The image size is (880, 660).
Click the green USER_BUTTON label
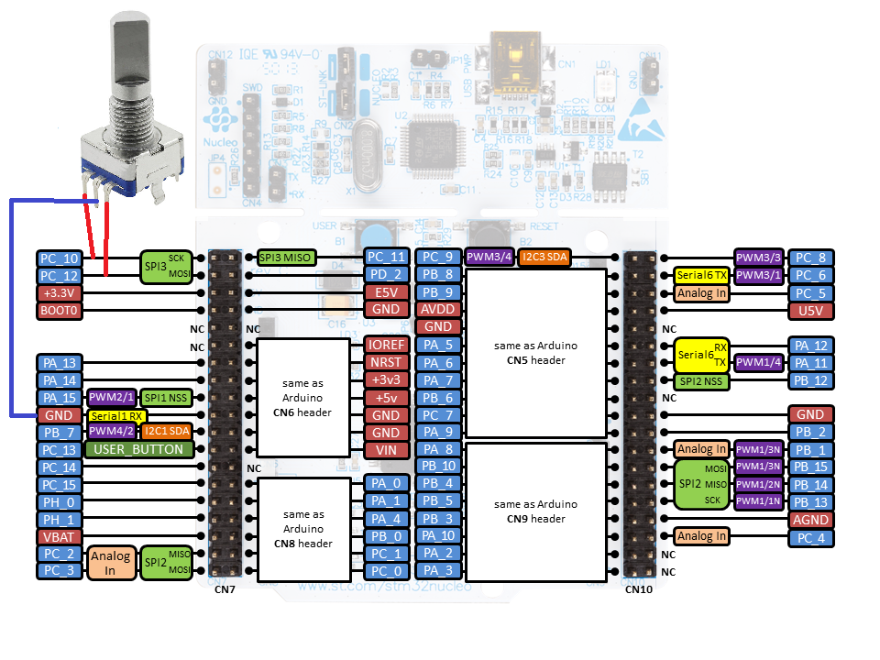[139, 449]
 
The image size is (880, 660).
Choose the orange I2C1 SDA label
[166, 432]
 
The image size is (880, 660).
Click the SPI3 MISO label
[286, 258]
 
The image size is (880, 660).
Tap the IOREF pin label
[385, 345]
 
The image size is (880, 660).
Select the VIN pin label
[385, 449]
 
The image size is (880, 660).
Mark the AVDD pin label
[437, 310]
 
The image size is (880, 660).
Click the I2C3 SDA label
[544, 258]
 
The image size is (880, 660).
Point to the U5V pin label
[811, 311]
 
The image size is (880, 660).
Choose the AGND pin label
[811, 519]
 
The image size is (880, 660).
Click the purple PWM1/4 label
[759, 363]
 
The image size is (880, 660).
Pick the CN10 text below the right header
[639, 588]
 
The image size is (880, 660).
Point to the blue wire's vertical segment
[11, 307]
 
